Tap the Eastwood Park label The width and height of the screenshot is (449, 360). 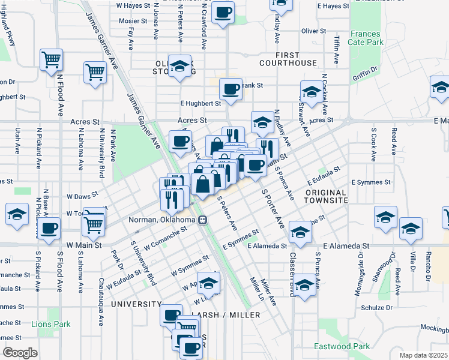click(342, 347)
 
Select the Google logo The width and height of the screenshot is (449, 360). click(20, 353)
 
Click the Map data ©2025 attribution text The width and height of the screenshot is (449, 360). click(424, 355)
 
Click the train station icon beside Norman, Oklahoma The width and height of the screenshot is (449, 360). click(203, 220)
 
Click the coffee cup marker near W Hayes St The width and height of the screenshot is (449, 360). click(223, 12)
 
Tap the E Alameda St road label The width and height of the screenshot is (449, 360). click(348, 246)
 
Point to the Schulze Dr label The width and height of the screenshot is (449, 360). click(376, 307)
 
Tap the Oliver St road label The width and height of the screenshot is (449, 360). click(313, 31)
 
